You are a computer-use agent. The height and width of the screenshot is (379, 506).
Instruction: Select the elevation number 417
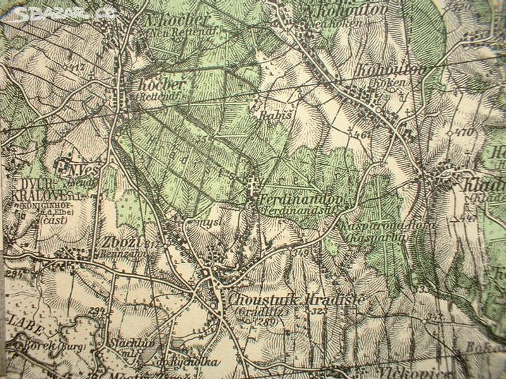[78, 66]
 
